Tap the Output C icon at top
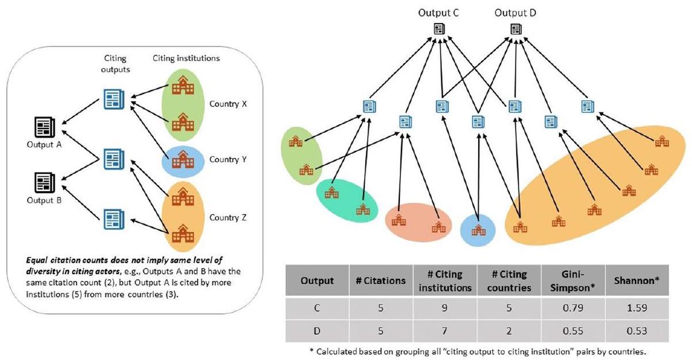pyautogui.click(x=438, y=30)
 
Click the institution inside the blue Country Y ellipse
pyautogui.click(x=183, y=159)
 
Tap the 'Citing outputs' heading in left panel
pyautogui.click(x=115, y=63)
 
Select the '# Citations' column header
pyautogui.click(x=381, y=281)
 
